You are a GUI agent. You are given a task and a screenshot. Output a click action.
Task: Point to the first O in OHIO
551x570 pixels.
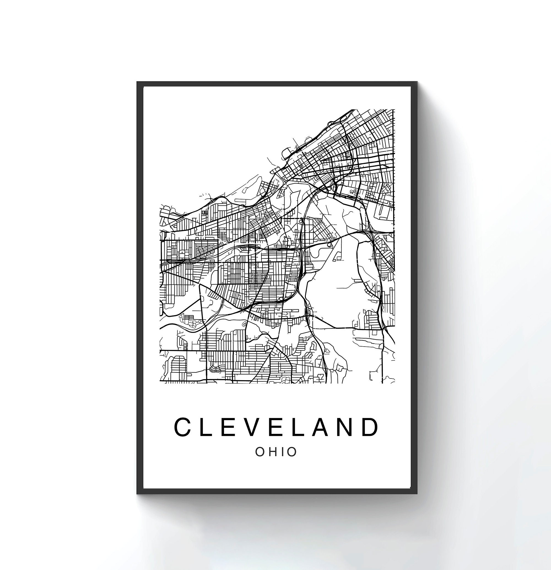coord(261,452)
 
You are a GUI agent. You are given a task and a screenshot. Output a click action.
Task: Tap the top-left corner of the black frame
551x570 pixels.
coord(137,82)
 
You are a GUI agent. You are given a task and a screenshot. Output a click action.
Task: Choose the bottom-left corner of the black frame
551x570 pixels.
coord(137,493)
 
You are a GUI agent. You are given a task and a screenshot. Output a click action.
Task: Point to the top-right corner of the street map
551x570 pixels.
coord(395,110)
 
